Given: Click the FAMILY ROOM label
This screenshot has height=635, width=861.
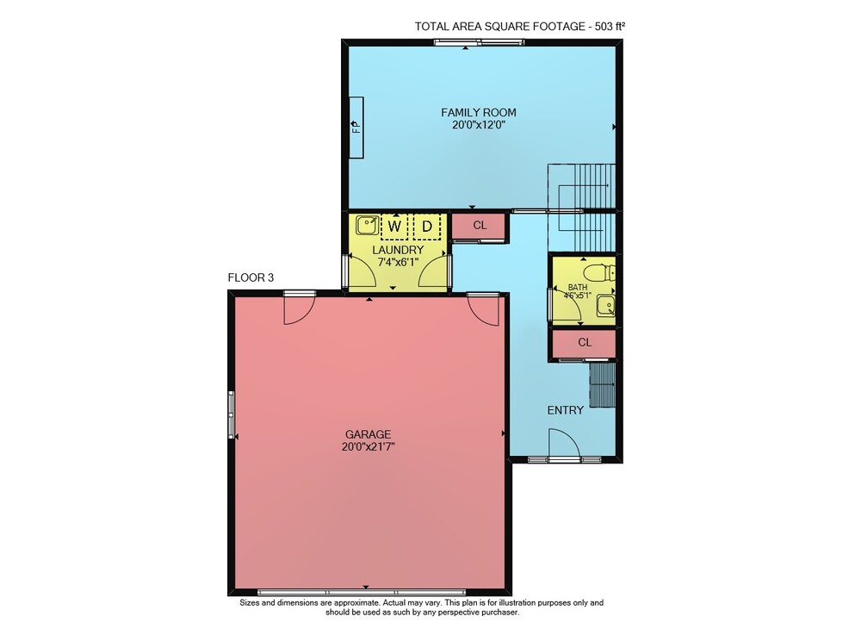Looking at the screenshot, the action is [478, 113].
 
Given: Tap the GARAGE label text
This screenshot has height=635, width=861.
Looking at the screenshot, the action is [368, 434].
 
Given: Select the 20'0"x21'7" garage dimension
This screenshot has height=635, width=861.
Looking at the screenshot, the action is [368, 447].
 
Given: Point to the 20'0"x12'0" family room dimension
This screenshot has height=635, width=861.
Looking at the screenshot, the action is [478, 125].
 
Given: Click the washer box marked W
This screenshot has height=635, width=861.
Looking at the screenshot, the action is [394, 227].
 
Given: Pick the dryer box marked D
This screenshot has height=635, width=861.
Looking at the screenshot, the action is [427, 227].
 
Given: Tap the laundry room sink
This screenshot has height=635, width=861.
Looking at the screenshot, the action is [366, 225].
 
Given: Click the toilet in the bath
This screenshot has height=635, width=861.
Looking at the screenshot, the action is [599, 272].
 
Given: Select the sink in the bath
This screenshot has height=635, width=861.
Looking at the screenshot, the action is [606, 306].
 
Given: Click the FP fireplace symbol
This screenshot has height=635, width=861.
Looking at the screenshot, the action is [356, 128].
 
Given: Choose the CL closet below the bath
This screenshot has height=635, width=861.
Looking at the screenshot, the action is [584, 343].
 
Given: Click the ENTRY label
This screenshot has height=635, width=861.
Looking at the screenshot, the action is [565, 410].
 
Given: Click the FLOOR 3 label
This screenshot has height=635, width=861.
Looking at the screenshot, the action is [251, 278].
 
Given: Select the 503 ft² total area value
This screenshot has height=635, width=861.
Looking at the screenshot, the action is [610, 27].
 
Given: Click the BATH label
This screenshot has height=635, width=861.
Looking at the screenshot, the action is [577, 287].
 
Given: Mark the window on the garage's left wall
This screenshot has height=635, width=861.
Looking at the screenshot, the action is [231, 414].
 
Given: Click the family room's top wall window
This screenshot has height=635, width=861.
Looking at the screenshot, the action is [478, 42].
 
